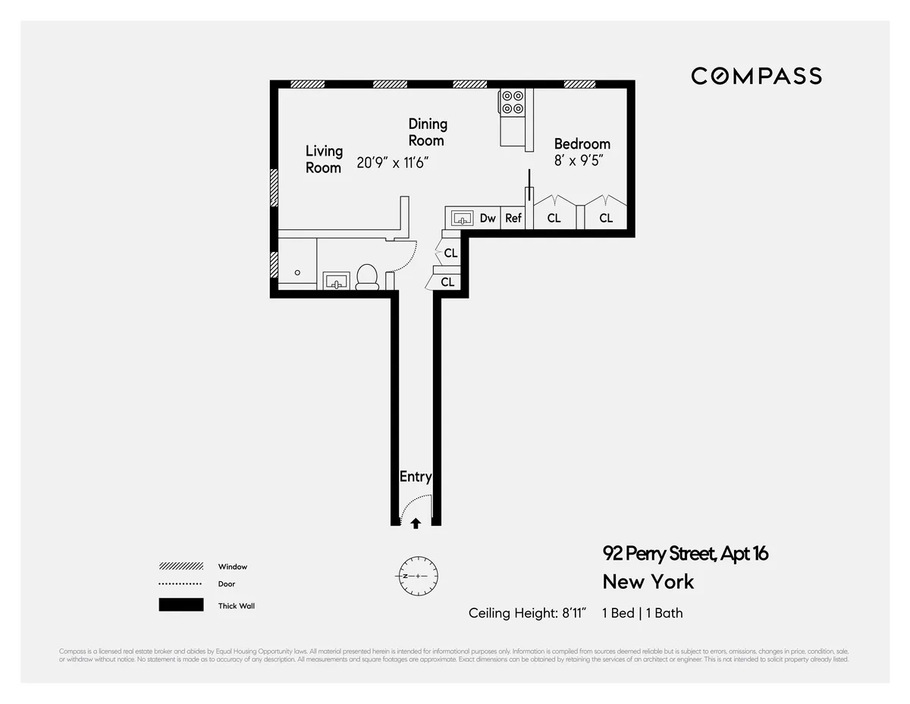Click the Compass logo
point(756,76)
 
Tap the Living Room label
point(324,159)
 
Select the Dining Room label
point(427,132)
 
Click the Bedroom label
point(582,144)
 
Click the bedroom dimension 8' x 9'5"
point(579,161)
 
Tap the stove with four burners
point(512,102)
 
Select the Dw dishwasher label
point(488,218)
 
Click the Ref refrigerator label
point(513,218)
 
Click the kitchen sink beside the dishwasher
point(462,218)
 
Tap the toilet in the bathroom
point(367,277)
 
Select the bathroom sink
point(335,281)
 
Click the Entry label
point(415,477)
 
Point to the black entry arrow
point(416,523)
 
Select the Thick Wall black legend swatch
point(181,605)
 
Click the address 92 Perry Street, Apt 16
point(685,554)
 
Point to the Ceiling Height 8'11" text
point(528,613)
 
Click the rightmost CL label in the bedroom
point(606,218)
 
